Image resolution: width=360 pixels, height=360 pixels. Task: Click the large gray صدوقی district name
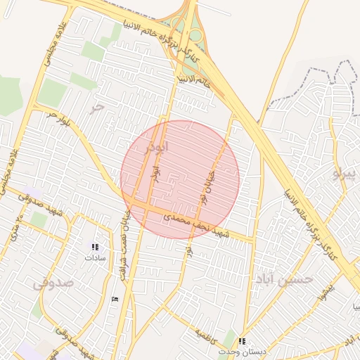(x=53, y=283)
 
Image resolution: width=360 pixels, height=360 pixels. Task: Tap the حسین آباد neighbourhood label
(x=284, y=279)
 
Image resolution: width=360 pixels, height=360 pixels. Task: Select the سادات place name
(x=94, y=257)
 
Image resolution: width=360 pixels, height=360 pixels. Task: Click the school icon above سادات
(x=95, y=247)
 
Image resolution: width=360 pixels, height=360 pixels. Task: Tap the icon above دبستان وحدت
(x=243, y=341)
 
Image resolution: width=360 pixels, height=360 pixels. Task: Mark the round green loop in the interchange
(x=195, y=34)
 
